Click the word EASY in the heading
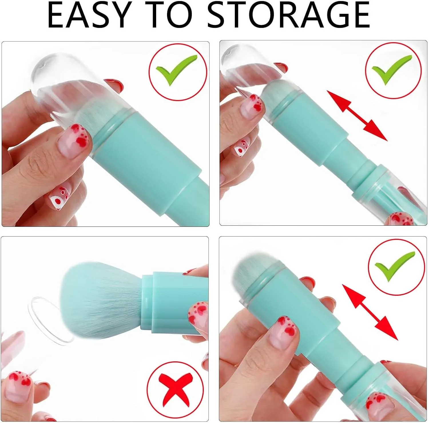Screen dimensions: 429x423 pyautogui.click(x=88, y=15)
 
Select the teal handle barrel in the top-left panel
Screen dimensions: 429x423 pyautogui.click(x=146, y=160)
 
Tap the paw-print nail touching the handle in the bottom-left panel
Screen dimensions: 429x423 pyautogui.click(x=198, y=315)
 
